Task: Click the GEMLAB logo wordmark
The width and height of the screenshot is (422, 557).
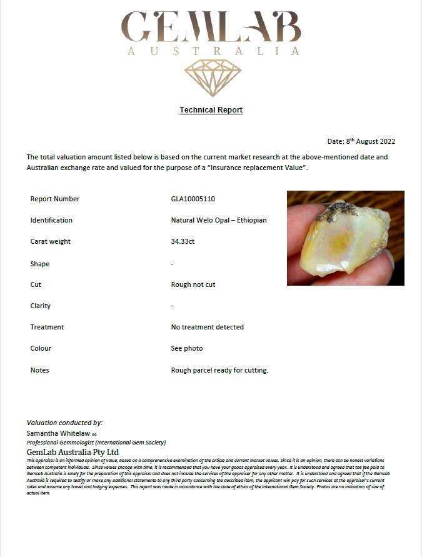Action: click(211, 27)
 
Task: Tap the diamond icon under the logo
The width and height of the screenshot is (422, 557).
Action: click(213, 78)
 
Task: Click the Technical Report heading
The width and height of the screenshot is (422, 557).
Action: click(211, 110)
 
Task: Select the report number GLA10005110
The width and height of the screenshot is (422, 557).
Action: click(193, 199)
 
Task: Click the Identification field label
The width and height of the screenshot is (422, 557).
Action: click(51, 220)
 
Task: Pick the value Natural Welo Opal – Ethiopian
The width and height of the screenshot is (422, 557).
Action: click(219, 220)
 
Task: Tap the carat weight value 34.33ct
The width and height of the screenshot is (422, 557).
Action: click(183, 241)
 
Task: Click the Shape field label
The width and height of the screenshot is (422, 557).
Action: click(39, 264)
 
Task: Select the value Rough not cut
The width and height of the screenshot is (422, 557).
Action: click(193, 284)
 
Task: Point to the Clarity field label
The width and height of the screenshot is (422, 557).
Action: click(41, 306)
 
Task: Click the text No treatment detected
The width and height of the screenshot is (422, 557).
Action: click(207, 327)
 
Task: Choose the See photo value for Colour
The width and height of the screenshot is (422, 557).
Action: click(186, 348)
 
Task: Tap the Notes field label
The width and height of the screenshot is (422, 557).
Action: click(39, 370)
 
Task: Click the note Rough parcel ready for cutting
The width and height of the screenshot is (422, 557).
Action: click(219, 370)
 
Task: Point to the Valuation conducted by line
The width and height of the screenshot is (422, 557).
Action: click(64, 423)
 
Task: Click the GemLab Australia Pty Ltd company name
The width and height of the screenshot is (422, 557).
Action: click(73, 451)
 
